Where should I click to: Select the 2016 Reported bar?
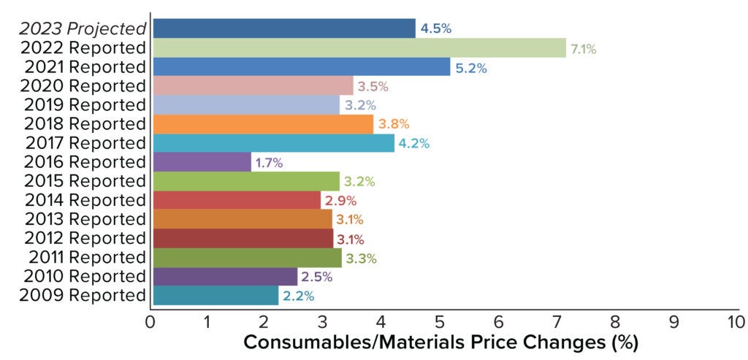point(202,162)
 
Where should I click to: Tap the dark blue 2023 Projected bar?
point(284,28)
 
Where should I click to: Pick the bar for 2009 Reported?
point(215,296)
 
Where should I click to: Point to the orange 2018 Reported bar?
point(263,124)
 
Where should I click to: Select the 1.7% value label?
point(269,162)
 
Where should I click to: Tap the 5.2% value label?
point(471,68)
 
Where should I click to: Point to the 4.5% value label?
point(436,29)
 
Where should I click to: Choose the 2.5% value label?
point(317,277)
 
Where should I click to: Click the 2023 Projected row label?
point(83,29)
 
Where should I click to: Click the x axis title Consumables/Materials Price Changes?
point(440,342)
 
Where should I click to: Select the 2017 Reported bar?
point(274,143)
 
